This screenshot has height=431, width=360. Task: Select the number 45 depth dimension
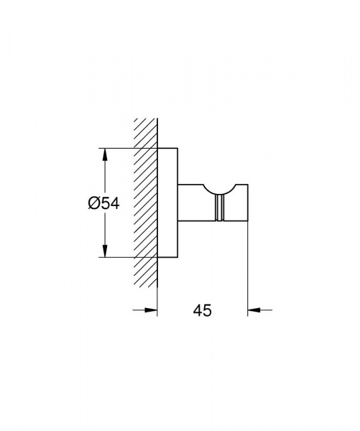click(202, 310)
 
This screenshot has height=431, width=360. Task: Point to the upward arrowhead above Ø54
click(105, 154)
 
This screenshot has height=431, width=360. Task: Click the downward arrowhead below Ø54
click(105, 252)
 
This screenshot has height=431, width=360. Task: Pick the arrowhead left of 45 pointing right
click(151, 310)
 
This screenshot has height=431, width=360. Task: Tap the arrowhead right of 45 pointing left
click(254, 310)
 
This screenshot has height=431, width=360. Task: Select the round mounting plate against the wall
click(167, 203)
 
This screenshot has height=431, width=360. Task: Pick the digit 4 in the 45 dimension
click(197, 310)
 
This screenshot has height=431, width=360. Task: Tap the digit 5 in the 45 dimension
click(207, 310)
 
